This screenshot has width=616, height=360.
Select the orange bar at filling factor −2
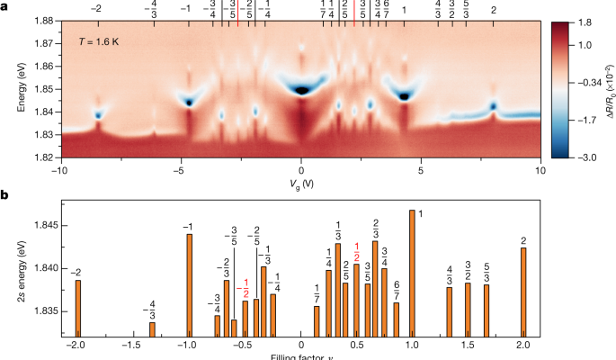tap(78, 306)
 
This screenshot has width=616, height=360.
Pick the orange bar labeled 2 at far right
tap(522, 289)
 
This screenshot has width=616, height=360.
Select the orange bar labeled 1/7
tap(317, 319)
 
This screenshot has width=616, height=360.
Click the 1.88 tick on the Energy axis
tap(48, 20)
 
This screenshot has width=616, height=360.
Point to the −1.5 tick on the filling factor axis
tap(133, 345)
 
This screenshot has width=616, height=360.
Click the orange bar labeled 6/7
tap(397, 318)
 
